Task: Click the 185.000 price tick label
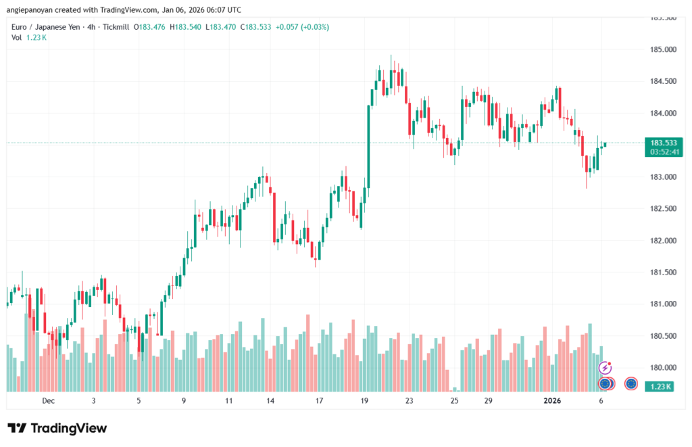(x=663, y=50)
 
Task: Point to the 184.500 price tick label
(x=663, y=82)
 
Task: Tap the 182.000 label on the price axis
(x=663, y=241)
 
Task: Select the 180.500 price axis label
(x=663, y=336)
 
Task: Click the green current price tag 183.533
(x=664, y=143)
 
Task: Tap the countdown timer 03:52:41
(x=664, y=152)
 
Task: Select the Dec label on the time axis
(x=48, y=401)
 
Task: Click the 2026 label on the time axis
(x=552, y=401)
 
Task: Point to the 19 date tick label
(x=364, y=401)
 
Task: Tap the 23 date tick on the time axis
(x=409, y=401)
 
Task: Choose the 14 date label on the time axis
(x=270, y=401)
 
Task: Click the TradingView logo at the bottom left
(x=57, y=428)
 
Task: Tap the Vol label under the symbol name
(x=16, y=37)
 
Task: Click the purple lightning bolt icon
(x=605, y=368)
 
